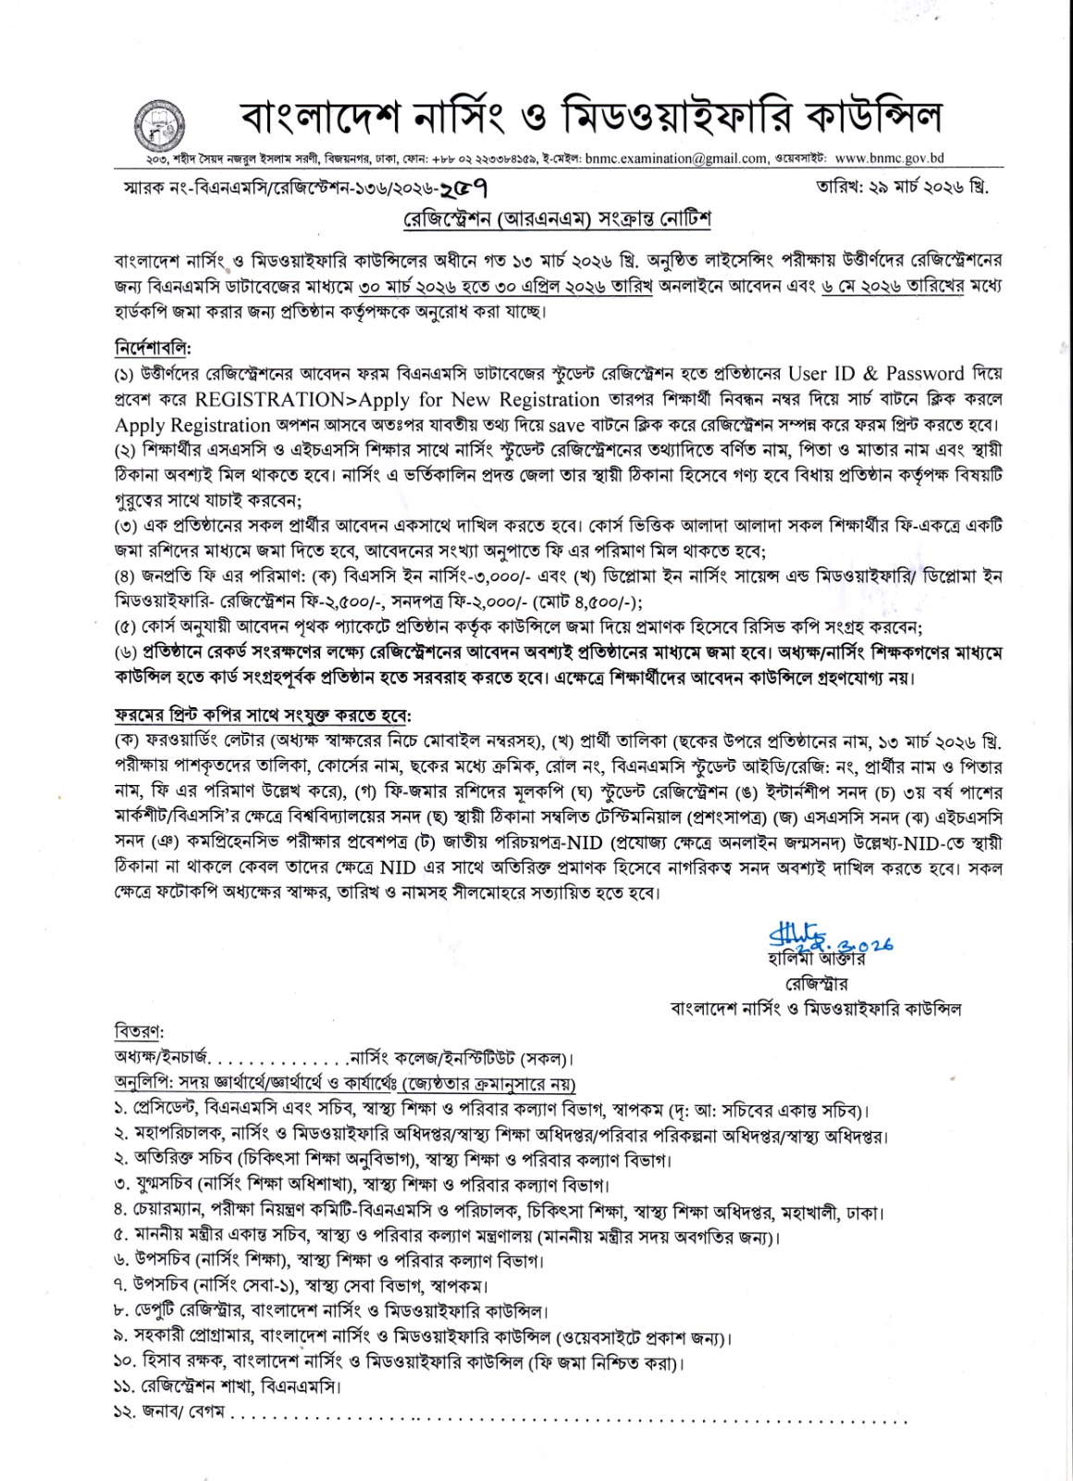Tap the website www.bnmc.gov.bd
click(889, 159)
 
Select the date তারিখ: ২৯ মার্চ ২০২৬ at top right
click(901, 187)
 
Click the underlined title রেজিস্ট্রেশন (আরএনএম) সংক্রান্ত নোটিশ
click(556, 219)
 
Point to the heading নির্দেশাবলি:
click(152, 349)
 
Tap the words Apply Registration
click(192, 426)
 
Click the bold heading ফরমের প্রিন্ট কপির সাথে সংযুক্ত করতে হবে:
click(263, 716)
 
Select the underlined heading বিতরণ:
click(139, 1031)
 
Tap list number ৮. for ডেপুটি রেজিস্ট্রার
click(120, 1312)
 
